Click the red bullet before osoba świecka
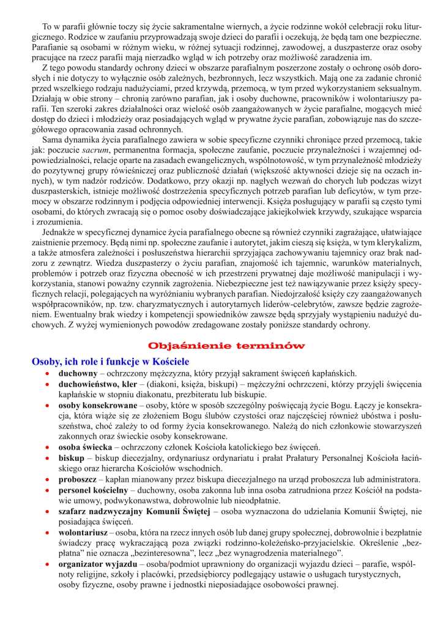[x=47, y=447]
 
